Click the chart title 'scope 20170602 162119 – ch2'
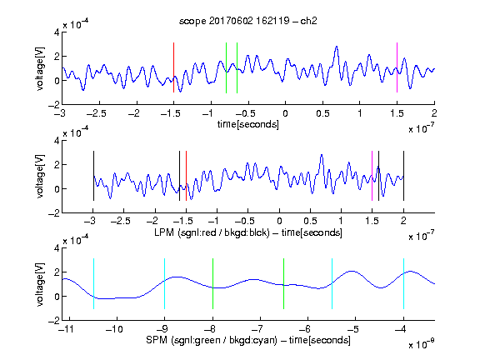click(248, 21)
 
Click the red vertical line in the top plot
click(173, 67)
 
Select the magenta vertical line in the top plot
click(397, 67)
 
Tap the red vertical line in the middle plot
click(186, 176)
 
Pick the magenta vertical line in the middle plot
click(372, 176)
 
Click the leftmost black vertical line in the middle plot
click(93, 176)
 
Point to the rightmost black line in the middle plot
click(403, 176)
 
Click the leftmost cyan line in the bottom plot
click(93, 284)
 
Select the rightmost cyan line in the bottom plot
click(403, 284)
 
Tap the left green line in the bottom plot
click(212, 284)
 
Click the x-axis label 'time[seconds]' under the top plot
click(248, 124)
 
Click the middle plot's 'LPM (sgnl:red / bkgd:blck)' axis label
click(212, 232)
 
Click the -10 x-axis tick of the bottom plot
click(114, 329)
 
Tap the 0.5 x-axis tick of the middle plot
click(310, 221)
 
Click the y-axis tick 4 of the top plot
click(57, 32)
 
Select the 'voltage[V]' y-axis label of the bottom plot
click(40, 284)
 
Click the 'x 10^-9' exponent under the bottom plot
click(422, 344)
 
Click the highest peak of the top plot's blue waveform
click(337, 47)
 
